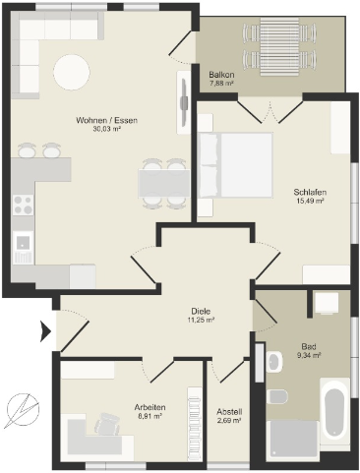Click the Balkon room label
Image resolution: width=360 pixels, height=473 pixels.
click(x=221, y=75)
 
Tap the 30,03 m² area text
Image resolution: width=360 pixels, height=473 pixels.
click(x=106, y=129)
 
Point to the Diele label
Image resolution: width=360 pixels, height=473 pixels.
click(x=201, y=311)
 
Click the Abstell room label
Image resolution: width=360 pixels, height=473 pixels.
click(x=229, y=411)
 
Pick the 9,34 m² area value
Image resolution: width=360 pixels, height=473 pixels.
click(x=309, y=355)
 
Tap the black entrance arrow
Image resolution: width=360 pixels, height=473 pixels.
click(x=45, y=331)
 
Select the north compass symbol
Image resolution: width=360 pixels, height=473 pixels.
click(x=23, y=409)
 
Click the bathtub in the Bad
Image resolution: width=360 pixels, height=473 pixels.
click(x=334, y=411)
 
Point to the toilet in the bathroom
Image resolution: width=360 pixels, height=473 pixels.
click(x=277, y=397)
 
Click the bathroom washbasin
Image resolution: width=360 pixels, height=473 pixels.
click(x=274, y=362)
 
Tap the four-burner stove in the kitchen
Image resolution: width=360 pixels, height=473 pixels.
click(x=23, y=205)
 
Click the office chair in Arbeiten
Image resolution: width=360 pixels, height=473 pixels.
click(x=106, y=424)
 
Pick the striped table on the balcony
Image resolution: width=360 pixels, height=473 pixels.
click(x=279, y=46)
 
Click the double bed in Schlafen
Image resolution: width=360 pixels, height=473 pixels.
click(x=236, y=165)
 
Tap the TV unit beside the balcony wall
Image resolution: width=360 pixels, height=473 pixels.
click(x=184, y=102)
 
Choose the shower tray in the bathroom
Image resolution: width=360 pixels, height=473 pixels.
click(x=292, y=440)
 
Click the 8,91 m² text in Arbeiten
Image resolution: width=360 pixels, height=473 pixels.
click(x=150, y=416)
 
